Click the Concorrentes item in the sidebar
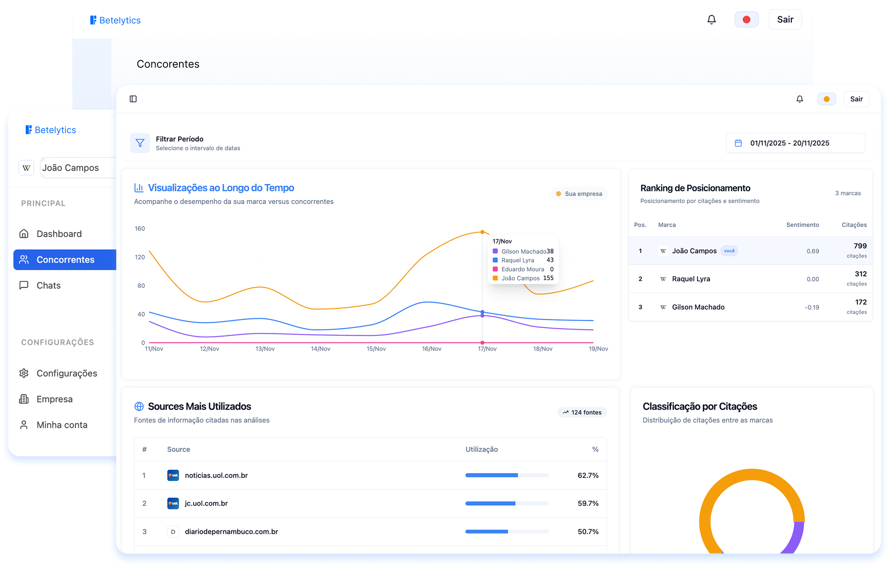(x=65, y=259)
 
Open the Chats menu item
(x=48, y=285)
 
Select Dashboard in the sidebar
(x=59, y=234)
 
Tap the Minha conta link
(x=62, y=425)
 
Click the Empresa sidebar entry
(x=54, y=399)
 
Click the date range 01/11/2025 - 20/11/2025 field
(x=795, y=143)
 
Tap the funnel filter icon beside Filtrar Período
(x=140, y=143)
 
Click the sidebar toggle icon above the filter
(x=133, y=99)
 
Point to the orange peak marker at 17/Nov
(x=482, y=232)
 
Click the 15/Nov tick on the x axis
(x=376, y=349)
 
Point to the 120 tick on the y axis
(x=140, y=257)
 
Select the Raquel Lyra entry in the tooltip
(x=517, y=260)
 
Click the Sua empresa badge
(x=579, y=194)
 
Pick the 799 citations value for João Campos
(x=860, y=246)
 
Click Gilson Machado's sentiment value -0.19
(x=812, y=307)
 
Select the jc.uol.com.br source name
(x=206, y=503)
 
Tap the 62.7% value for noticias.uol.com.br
(x=588, y=475)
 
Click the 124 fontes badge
(x=582, y=412)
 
